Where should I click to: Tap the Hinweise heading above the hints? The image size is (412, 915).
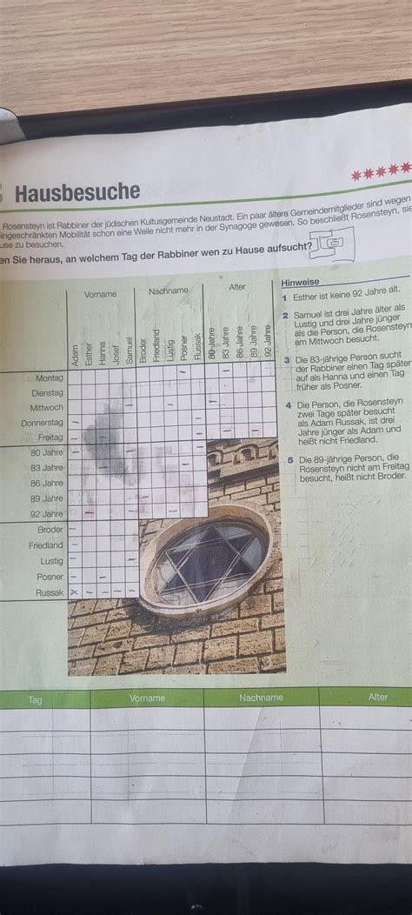pos(301,283)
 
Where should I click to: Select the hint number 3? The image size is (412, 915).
pos(286,358)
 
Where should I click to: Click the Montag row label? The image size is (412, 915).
pos(50,378)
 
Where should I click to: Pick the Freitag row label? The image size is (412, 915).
pos(50,437)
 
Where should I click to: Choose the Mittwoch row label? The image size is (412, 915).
pos(47,408)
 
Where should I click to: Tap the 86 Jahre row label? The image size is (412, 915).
pos(47,483)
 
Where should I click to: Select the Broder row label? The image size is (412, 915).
pos(50,530)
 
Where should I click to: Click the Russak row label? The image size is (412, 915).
pos(50,591)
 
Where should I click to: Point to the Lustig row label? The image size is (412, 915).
pos(51,561)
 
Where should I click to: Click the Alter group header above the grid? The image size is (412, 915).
pos(237,287)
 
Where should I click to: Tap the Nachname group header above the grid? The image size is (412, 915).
pos(168,291)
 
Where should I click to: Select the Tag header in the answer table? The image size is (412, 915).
pos(35,699)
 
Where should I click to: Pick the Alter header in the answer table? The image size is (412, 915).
pos(377,697)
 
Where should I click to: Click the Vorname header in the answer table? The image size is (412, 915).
pos(147,698)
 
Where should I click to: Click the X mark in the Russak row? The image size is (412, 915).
pos(74,592)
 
